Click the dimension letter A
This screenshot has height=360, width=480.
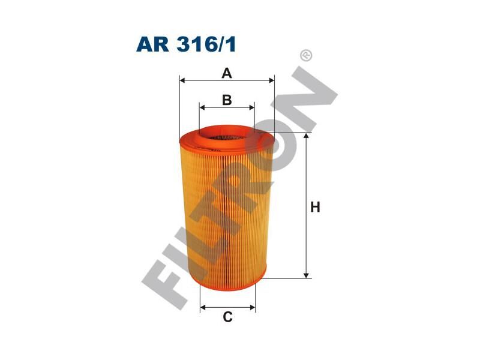pos(227,73)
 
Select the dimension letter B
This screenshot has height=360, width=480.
pos(227,100)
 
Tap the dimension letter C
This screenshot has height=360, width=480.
pos(227,317)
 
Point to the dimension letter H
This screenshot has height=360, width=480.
pos(315,208)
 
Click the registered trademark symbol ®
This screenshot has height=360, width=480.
pos(306,55)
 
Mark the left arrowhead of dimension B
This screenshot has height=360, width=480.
pos(202,108)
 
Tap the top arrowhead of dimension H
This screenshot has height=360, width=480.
pos(307,137)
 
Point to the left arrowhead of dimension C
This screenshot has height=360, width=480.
pos(203,307)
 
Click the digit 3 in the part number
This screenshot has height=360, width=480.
pos(188,45)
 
